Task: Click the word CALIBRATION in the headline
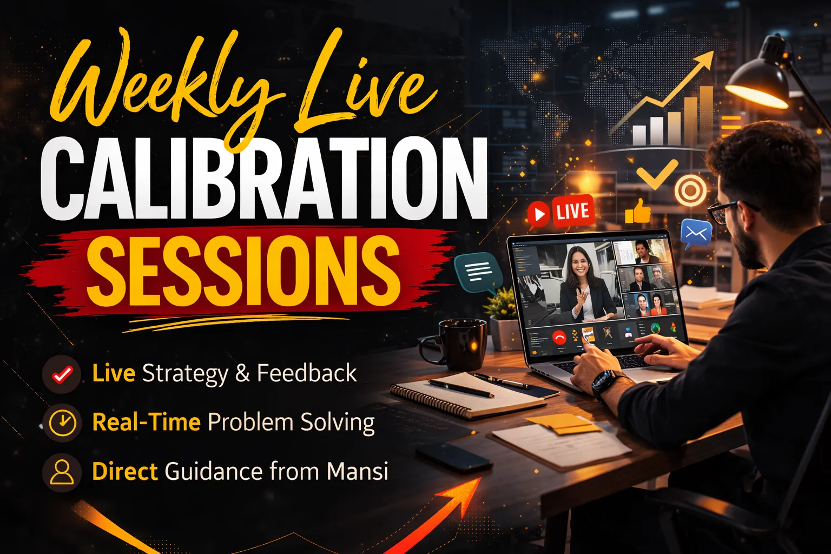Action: pyautogui.click(x=264, y=179)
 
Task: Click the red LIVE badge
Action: pyautogui.click(x=573, y=211)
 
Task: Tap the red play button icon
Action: pyautogui.click(x=538, y=214)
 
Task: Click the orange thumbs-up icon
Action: pyautogui.click(x=638, y=211)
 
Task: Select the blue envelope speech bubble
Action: pyautogui.click(x=696, y=234)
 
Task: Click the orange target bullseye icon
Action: pyautogui.click(x=690, y=190)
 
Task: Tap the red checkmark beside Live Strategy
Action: pyautogui.click(x=62, y=374)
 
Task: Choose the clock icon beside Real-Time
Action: pyautogui.click(x=62, y=423)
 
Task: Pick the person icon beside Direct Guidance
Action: pyautogui.click(x=62, y=472)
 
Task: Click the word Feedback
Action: pyautogui.click(x=307, y=373)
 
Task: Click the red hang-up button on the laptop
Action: pyautogui.click(x=559, y=337)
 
